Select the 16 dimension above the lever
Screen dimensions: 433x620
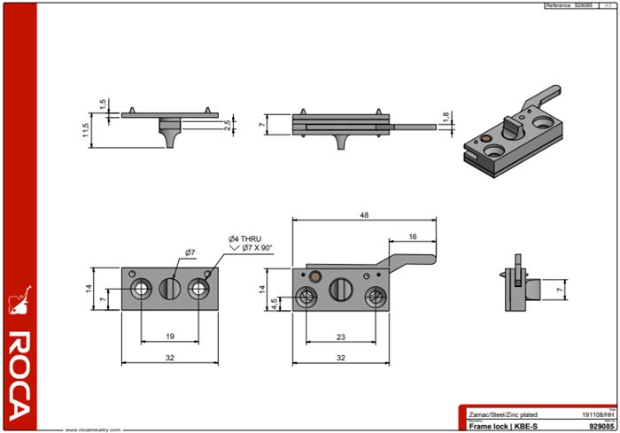click(413, 236)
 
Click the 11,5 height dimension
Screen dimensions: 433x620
click(86, 129)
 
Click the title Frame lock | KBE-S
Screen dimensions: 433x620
click(502, 426)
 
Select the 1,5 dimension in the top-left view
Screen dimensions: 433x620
click(103, 104)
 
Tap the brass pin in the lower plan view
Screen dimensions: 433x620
click(315, 275)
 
